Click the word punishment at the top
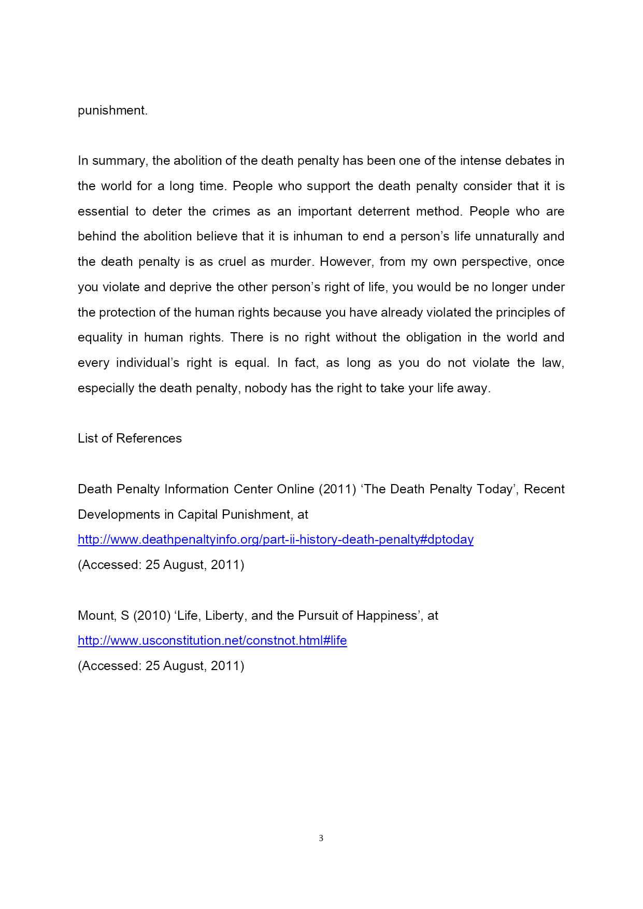click(x=112, y=110)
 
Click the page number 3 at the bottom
click(x=321, y=838)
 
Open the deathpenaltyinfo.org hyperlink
click(x=275, y=539)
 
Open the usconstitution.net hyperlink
click(x=212, y=641)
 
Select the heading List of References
click(x=130, y=438)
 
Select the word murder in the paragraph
click(x=292, y=262)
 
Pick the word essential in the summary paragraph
click(x=103, y=211)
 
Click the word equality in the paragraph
click(x=99, y=337)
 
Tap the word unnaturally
click(x=507, y=236)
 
